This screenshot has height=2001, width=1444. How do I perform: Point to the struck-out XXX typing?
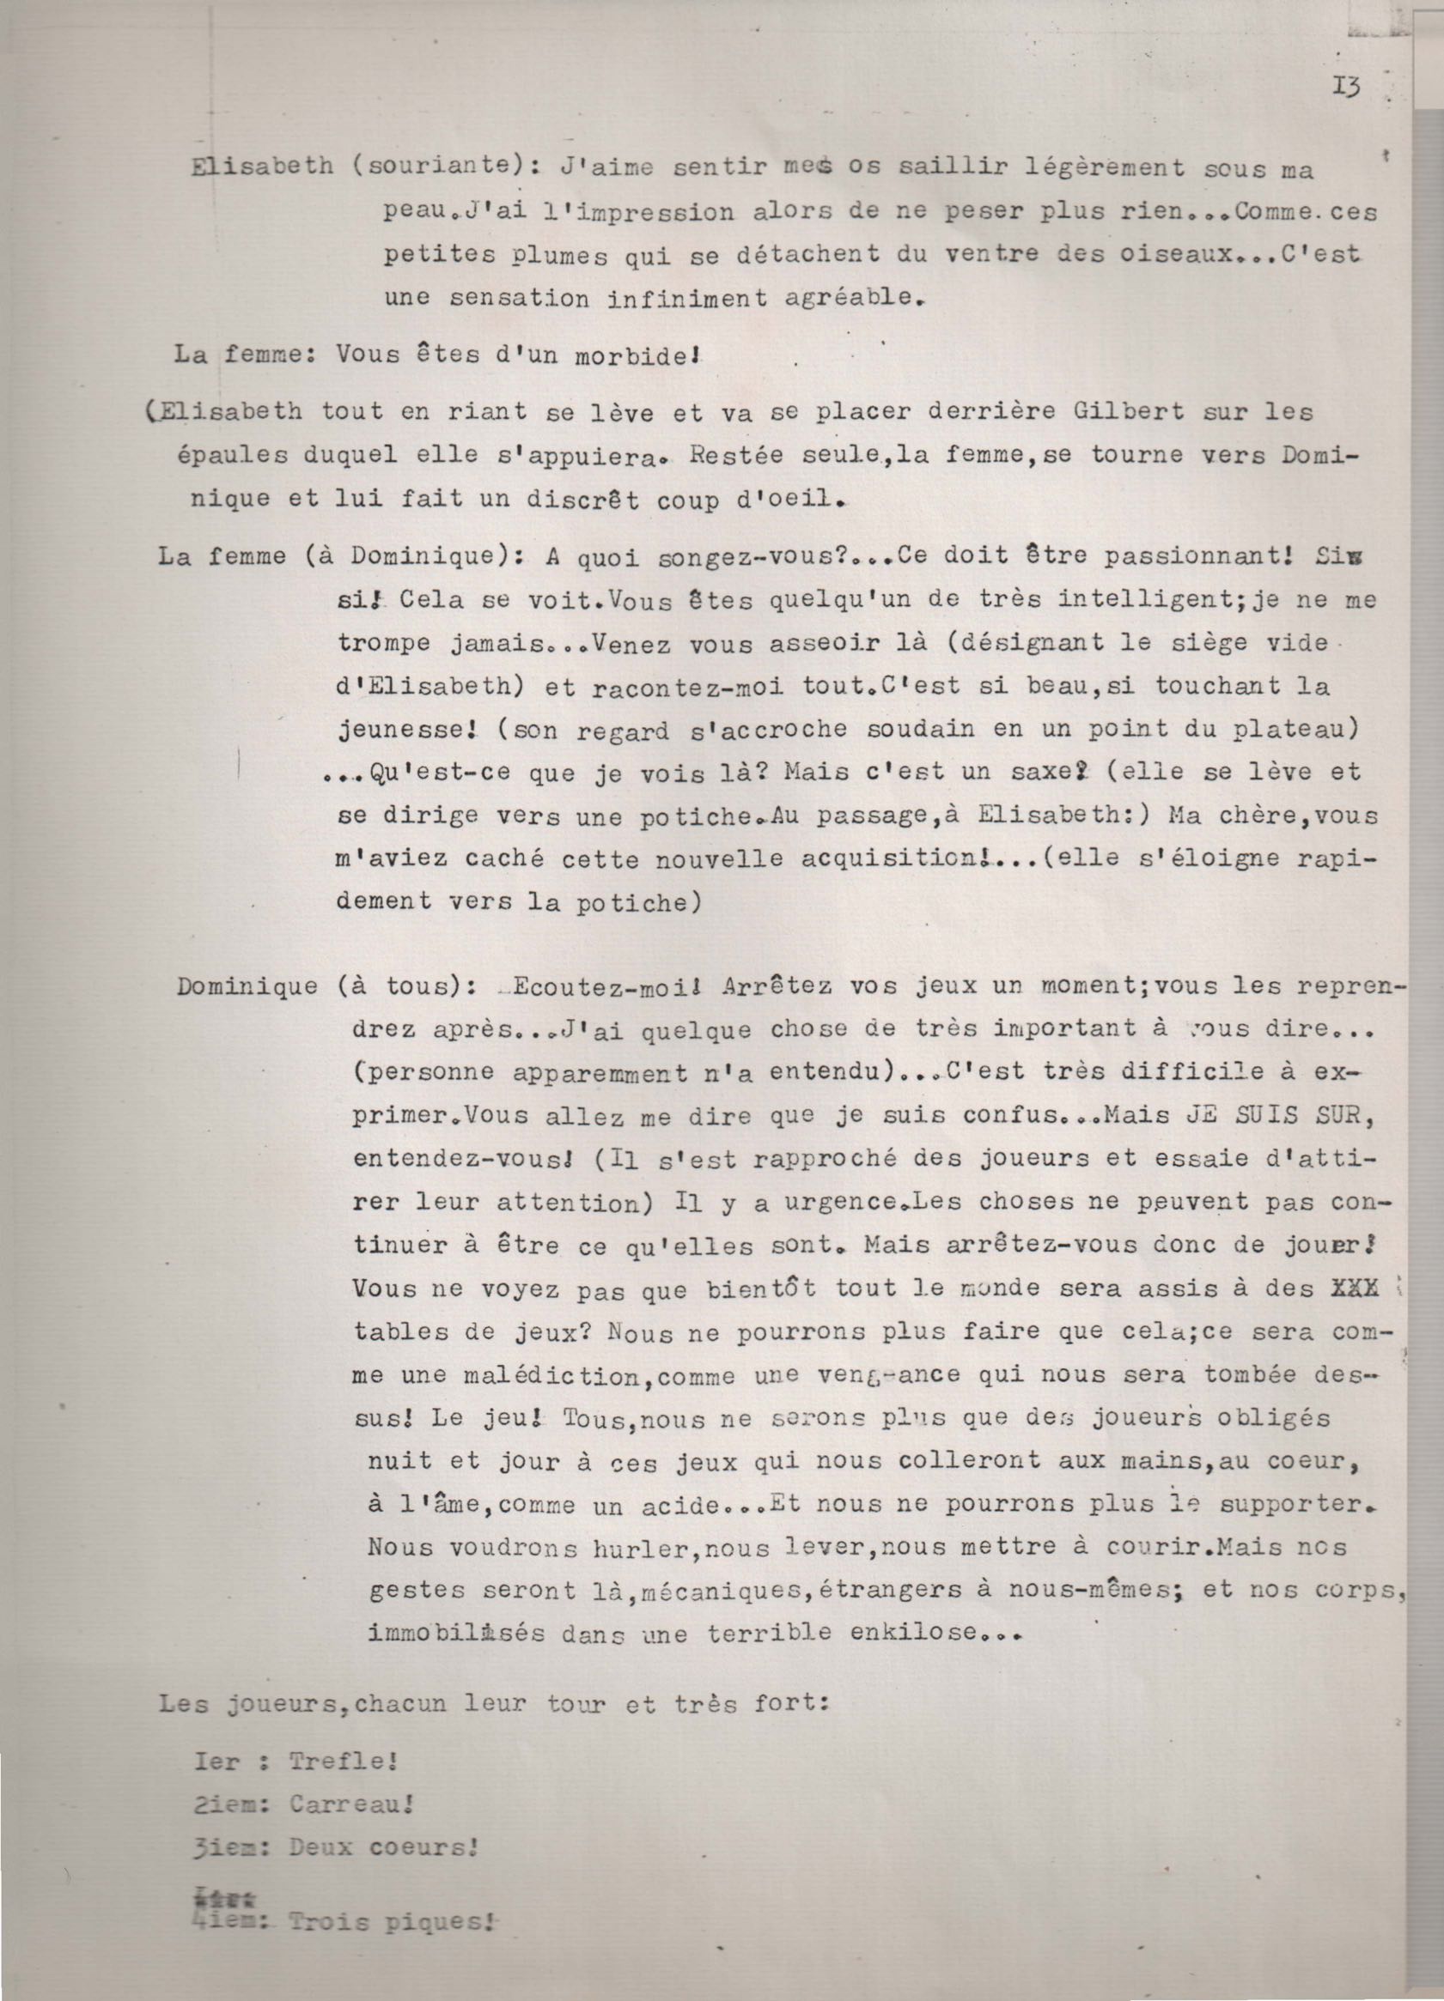tap(1354, 1289)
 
